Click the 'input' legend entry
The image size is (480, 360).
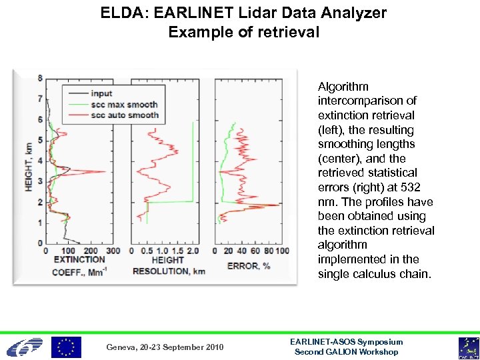click(101, 93)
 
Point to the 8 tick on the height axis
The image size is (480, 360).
click(40, 78)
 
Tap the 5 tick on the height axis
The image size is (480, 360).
click(40, 140)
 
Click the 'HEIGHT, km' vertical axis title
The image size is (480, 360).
click(29, 161)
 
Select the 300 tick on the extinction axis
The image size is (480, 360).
click(113, 251)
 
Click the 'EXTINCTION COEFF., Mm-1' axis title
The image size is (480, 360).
click(79, 265)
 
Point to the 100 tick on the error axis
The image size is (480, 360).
click(282, 251)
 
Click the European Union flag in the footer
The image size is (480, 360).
click(67, 347)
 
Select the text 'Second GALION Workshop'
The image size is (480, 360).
click(347, 352)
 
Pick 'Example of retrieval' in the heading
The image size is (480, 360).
click(243, 31)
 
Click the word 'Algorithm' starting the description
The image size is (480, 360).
click(343, 87)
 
